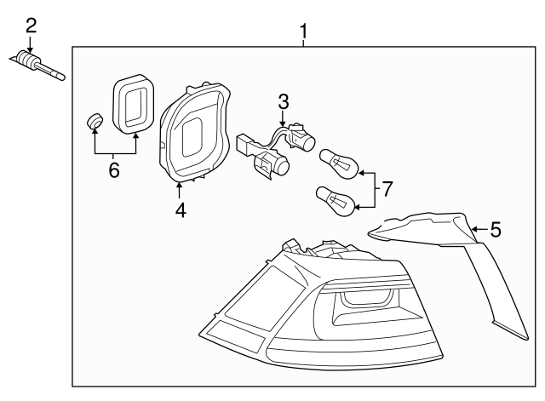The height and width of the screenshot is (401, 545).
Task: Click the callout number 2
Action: click(x=31, y=24)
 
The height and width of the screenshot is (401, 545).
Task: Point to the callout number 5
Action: click(x=496, y=228)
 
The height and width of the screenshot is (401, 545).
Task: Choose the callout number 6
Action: click(x=114, y=170)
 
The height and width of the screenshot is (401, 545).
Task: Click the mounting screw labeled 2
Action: click(x=38, y=66)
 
